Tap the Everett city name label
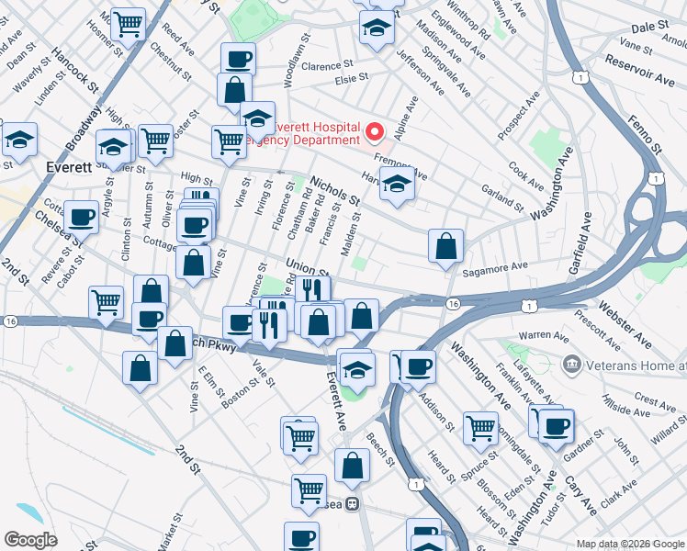tap(68, 167)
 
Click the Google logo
tap(31, 540)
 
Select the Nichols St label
tap(335, 190)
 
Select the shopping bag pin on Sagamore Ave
tap(445, 246)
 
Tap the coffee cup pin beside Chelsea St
tap(82, 219)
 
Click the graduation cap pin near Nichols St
tap(397, 185)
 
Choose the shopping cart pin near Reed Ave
tap(128, 24)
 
